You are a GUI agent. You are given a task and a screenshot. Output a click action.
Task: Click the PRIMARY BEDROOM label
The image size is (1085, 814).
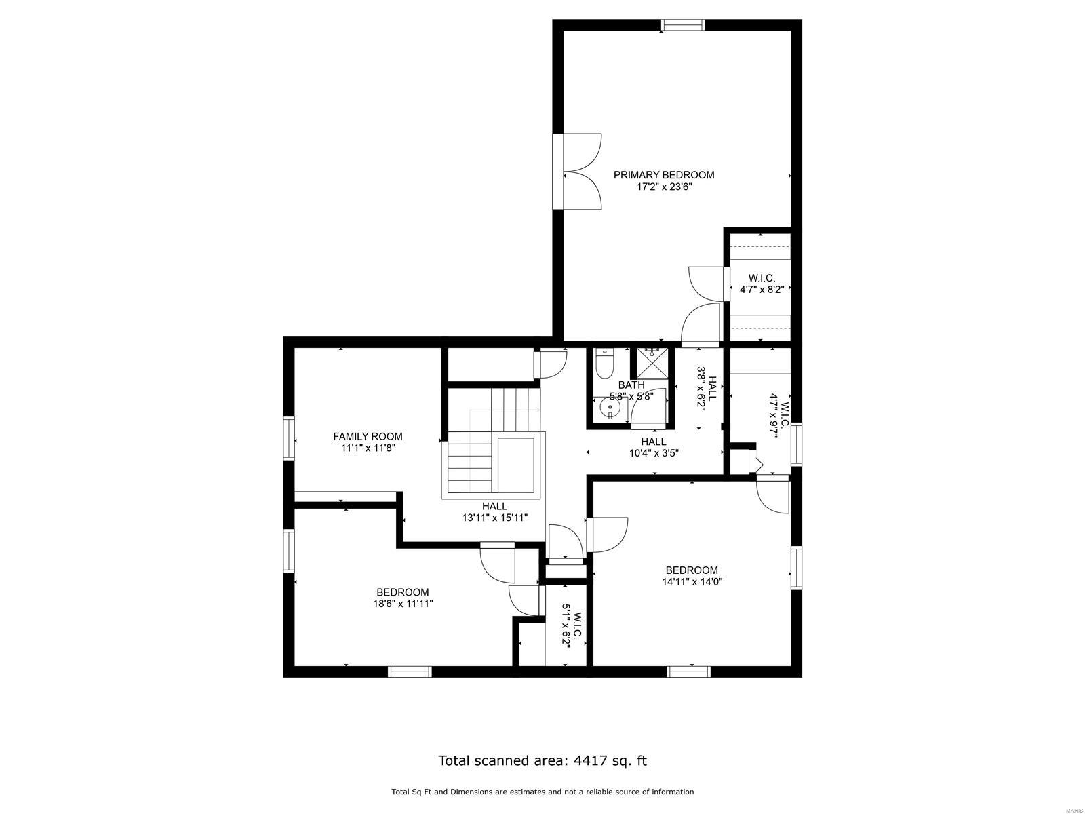[x=663, y=175]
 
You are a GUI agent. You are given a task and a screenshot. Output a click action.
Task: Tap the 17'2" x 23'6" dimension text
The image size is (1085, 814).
[x=664, y=187]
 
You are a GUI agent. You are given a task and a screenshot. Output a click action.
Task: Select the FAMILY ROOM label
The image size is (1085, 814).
[x=368, y=436]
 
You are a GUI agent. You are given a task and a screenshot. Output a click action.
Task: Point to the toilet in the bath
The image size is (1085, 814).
[x=604, y=364]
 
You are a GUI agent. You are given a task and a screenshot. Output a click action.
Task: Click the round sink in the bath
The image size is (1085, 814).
[x=610, y=408]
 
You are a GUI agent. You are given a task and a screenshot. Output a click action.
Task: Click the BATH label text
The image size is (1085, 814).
[x=631, y=385]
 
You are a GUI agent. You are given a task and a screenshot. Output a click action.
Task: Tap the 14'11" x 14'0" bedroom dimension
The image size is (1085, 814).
[x=692, y=582]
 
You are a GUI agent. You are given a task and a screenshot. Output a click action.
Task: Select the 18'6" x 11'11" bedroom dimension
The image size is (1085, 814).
[x=403, y=604]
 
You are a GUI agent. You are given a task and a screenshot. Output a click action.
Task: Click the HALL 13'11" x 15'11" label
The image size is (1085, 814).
[x=495, y=512]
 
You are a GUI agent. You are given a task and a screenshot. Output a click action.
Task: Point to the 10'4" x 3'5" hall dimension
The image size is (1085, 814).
[x=654, y=453]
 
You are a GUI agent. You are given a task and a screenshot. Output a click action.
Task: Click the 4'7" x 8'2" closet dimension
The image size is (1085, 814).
[x=762, y=290]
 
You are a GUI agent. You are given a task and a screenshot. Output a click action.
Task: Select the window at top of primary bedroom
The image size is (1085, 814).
[x=683, y=24]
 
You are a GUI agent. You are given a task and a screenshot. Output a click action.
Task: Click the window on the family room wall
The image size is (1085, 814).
[x=289, y=438]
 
